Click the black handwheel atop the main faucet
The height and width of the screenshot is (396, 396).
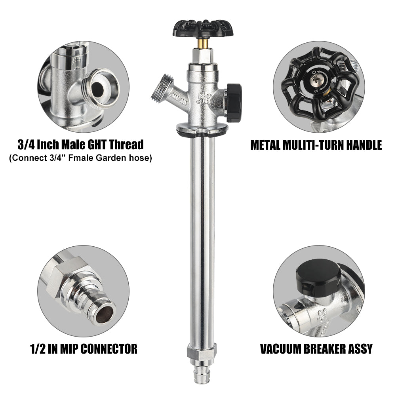pos(203,28)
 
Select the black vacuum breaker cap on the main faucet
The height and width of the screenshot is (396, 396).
pos(234,103)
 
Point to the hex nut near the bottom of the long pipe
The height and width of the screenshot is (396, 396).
pos(202,353)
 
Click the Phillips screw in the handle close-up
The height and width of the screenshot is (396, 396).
pos(316,80)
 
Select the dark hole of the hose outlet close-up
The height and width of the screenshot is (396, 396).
pos(98,89)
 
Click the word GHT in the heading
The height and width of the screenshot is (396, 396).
pos(94,145)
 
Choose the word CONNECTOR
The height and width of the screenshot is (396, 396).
pos(109,349)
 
